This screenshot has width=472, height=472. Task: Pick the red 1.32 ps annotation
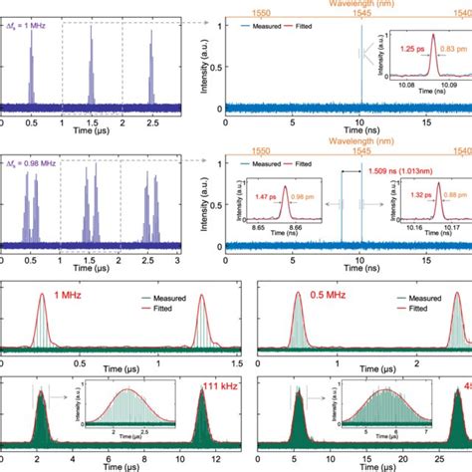click(399, 197)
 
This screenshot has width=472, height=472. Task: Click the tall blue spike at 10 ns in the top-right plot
click(360, 70)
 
